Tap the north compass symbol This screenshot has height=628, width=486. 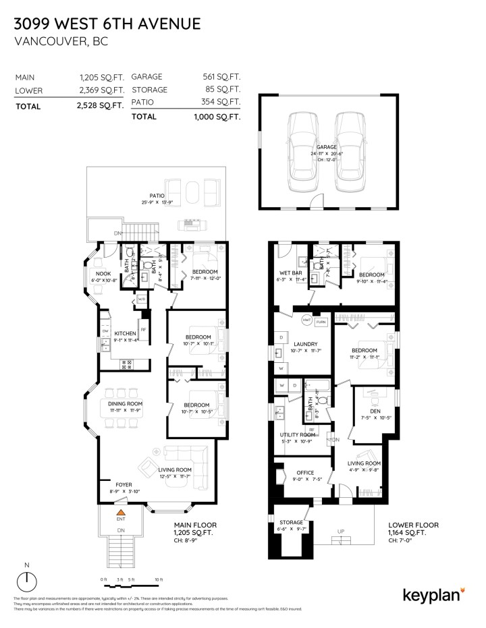pyautogui.click(x=26, y=579)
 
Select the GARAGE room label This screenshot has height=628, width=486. pyautogui.click(x=327, y=146)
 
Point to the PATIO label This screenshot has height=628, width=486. pyautogui.click(x=157, y=196)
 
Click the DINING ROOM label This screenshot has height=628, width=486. pyautogui.click(x=126, y=403)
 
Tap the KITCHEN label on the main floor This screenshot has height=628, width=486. pyautogui.click(x=126, y=333)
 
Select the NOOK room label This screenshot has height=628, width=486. pyautogui.click(x=103, y=273)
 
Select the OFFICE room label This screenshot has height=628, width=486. pyautogui.click(x=304, y=473)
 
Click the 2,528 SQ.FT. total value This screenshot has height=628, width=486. pyautogui.click(x=102, y=106)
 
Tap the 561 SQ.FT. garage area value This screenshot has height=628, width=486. pyautogui.click(x=222, y=78)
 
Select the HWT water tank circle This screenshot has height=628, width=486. pyautogui.click(x=306, y=321)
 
